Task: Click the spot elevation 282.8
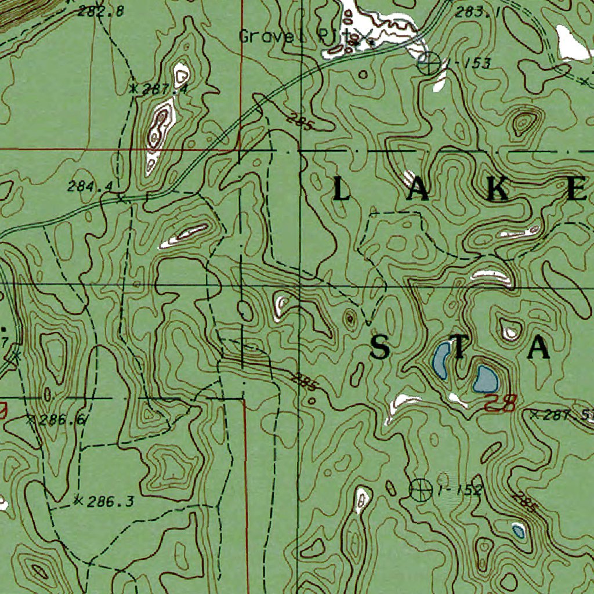[x=104, y=10]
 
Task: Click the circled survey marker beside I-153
[x=429, y=62]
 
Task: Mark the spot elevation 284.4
[x=90, y=187]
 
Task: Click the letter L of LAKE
[x=341, y=190]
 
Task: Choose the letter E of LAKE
[x=577, y=190]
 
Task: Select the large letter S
[x=380, y=348]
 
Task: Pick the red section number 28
[x=499, y=403]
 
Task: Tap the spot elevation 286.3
[x=110, y=501]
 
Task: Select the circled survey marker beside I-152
[x=421, y=490]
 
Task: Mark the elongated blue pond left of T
[x=441, y=360]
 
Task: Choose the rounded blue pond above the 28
[x=486, y=379]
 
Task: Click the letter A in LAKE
[x=421, y=190]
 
